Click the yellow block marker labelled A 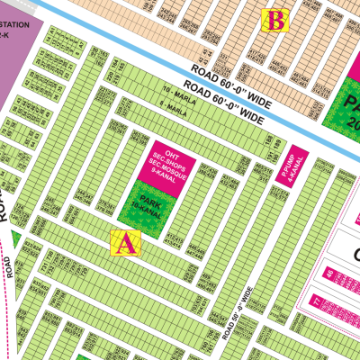pos(125,242)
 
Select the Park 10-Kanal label pos(139,202)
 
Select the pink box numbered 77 pos(317,301)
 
